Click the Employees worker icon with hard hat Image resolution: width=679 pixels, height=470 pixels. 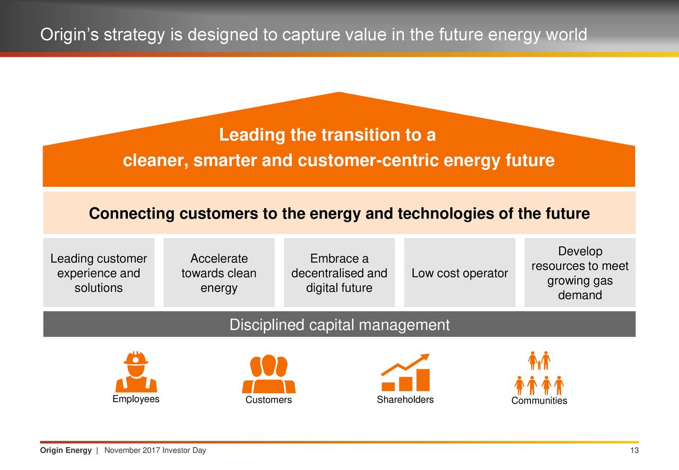point(136,371)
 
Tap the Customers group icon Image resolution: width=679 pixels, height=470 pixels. point(268,374)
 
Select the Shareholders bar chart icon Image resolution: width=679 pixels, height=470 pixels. point(406,372)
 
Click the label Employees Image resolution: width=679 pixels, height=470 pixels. point(136,399)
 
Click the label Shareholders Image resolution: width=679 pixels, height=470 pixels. point(405,399)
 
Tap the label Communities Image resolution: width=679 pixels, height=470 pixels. point(539,401)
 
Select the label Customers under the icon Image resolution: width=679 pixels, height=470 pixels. point(268,400)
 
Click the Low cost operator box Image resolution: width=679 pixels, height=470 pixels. point(459,273)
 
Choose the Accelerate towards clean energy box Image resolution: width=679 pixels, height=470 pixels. point(219,273)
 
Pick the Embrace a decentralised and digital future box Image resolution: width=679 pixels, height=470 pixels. point(339,273)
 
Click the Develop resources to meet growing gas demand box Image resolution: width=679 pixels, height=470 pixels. point(580,273)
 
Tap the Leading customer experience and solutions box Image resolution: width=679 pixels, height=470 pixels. point(99,273)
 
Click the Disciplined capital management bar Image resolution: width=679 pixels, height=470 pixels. point(339,325)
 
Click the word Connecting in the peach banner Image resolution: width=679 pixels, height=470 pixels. point(131,214)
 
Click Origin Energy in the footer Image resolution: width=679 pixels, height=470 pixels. point(66,451)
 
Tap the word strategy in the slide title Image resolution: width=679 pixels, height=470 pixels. point(135,35)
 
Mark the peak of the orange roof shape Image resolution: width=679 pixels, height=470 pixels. point(338,93)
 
